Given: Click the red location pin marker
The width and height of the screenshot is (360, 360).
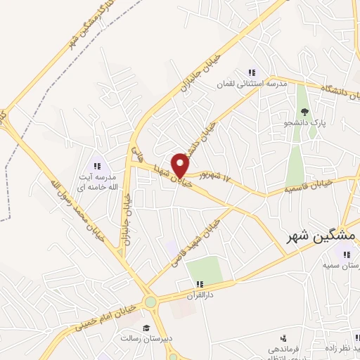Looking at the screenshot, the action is pos(181,165).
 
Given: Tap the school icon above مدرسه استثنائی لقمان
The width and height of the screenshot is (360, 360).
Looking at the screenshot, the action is pos(251,72).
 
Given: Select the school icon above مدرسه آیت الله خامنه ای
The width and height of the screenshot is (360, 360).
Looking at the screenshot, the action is pos(97,166).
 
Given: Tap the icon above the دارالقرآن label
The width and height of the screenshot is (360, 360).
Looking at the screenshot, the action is pos(200,283).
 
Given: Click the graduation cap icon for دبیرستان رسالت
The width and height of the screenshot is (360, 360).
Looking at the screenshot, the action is pos(146,328).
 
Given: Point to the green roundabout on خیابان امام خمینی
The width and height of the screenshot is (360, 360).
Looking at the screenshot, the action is pos(150,302).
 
